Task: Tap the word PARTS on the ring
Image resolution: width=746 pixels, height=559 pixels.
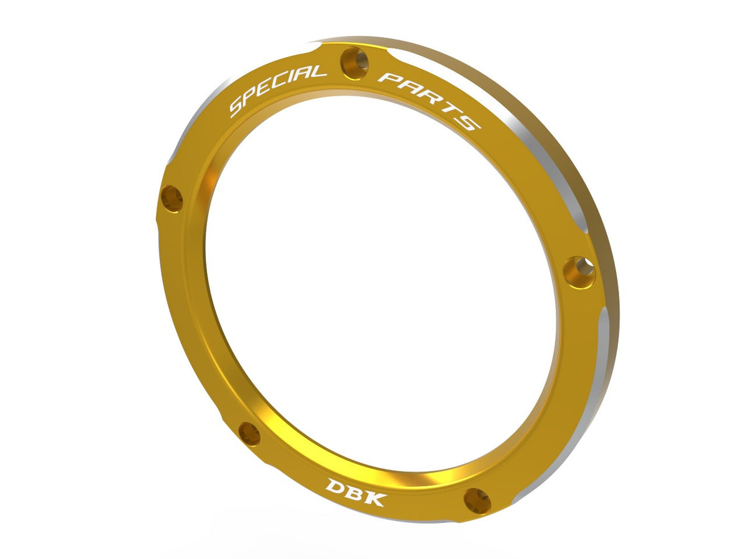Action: (x=430, y=100)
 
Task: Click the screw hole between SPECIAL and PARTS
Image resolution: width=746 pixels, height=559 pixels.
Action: (x=355, y=63)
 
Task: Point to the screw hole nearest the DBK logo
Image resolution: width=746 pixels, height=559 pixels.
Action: (x=477, y=501)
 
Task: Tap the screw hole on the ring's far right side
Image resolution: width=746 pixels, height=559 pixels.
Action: (x=580, y=272)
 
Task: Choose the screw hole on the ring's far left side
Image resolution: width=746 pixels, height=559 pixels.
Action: (x=172, y=199)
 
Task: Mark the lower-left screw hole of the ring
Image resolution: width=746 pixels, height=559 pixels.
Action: (x=249, y=434)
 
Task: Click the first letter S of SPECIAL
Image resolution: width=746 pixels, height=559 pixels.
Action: (x=237, y=107)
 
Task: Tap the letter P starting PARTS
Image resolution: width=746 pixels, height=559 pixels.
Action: (x=389, y=79)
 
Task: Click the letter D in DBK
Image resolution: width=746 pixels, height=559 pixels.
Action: (x=336, y=486)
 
